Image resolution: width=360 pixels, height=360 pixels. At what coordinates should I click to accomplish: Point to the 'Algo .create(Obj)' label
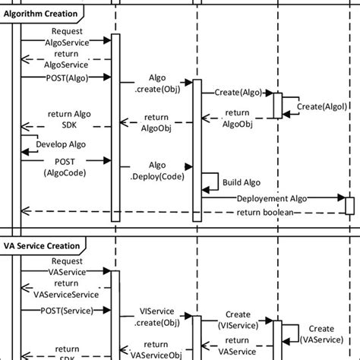pos(157,84)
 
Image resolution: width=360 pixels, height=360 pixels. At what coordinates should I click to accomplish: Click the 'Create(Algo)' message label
pos(238,92)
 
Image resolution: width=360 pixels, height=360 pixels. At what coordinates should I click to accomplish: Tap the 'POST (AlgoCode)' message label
pos(65,166)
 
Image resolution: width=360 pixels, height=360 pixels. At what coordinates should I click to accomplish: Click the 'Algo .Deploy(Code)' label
pos(156,171)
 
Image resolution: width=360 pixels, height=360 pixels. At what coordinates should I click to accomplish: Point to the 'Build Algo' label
pos(241,182)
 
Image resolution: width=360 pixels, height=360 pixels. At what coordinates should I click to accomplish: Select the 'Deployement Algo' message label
pos(273,197)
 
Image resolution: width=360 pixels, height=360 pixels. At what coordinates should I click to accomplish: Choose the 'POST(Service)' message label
pos(62,311)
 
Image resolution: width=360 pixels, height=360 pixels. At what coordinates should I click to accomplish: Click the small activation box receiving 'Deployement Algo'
pos(349,206)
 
